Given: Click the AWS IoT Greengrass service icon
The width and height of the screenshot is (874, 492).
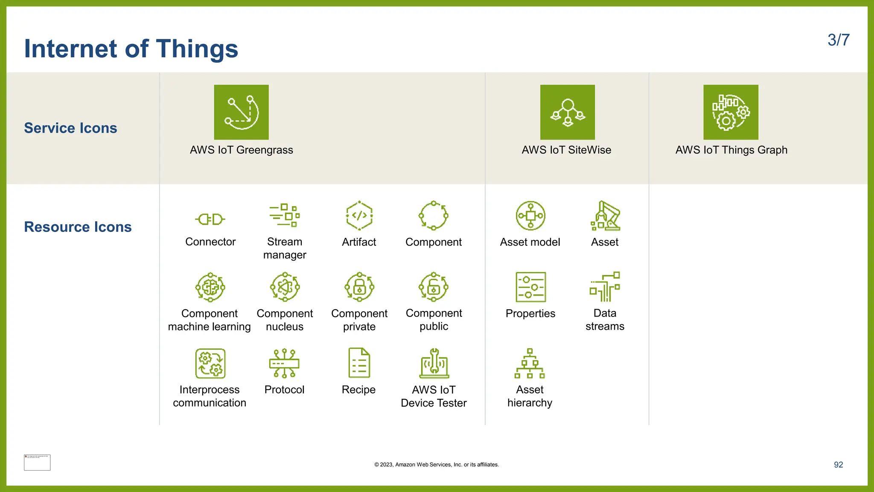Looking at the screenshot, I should (241, 112).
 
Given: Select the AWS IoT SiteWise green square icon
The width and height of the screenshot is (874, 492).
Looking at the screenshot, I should (567, 112).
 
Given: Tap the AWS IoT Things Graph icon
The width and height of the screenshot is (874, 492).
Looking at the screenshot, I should (731, 112).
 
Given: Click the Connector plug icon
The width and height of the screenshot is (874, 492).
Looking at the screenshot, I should (210, 220).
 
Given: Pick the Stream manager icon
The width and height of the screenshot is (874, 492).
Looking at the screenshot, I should (285, 215).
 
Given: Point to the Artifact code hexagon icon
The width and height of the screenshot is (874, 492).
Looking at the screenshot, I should (359, 216).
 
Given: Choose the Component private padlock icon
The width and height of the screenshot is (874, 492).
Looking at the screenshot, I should (359, 287).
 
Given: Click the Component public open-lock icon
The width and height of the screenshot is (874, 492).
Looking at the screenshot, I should (434, 287).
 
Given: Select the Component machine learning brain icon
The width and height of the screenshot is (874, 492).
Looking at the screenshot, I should (210, 287).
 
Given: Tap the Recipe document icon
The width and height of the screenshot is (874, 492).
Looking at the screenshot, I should (359, 363).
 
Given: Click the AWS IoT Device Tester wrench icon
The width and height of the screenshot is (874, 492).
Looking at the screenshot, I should (434, 363).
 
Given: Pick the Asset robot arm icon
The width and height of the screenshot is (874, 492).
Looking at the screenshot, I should (605, 216).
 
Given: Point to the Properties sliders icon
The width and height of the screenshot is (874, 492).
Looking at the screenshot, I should (530, 287).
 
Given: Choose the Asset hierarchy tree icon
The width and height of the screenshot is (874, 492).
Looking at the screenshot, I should (530, 363).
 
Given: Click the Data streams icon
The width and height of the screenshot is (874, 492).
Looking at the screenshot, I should (605, 287).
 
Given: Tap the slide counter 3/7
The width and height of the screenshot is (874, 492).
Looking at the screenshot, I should (838, 40).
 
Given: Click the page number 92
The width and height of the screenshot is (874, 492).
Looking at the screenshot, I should (838, 465).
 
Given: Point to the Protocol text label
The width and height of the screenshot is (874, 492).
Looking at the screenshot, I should (284, 389).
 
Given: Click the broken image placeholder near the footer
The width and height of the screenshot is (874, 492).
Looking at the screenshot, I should (37, 463).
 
